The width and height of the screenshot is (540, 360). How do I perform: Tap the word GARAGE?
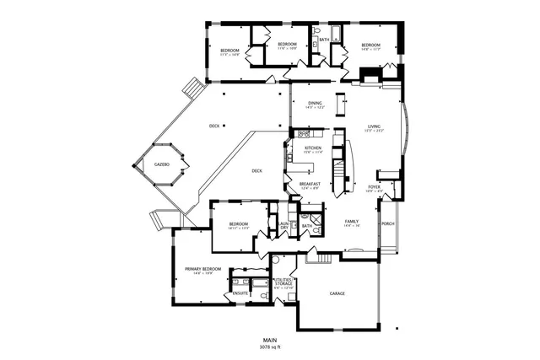click(x=337, y=293)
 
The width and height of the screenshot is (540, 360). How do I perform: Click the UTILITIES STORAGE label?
click(x=284, y=283)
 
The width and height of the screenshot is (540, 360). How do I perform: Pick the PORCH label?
click(x=388, y=223)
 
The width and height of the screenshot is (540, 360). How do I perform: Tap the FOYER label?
click(x=374, y=187)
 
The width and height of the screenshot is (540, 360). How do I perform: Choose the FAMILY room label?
click(x=352, y=221)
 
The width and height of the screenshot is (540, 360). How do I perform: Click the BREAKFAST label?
click(x=311, y=185)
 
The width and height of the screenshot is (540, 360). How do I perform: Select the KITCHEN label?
click(x=313, y=148)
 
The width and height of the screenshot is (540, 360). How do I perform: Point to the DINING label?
click(x=315, y=103)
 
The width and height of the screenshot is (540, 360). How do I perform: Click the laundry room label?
click(x=284, y=225)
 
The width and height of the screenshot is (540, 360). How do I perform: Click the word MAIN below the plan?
click(x=270, y=340)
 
